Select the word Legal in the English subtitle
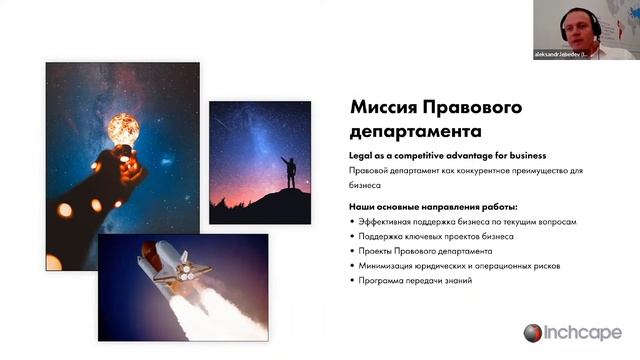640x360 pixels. coord(361,156)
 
